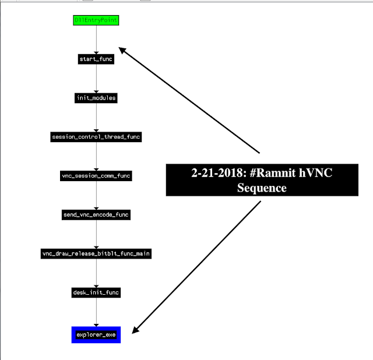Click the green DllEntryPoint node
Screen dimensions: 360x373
[x=96, y=20]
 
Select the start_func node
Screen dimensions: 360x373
[x=96, y=59]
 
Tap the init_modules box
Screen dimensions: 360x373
[x=96, y=98]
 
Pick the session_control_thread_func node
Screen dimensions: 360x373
[x=96, y=137]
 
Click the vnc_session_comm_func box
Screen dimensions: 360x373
[x=96, y=175]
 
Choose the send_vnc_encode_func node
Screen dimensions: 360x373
[x=96, y=214]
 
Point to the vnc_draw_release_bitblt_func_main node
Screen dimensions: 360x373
[x=96, y=253]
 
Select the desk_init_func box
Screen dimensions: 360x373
[x=96, y=292]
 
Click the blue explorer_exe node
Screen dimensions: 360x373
[x=96, y=334]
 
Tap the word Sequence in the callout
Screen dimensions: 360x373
[x=262, y=188]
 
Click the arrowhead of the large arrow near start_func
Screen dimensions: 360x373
[x=122, y=50]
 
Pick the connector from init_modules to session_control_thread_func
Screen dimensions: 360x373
[x=96, y=117]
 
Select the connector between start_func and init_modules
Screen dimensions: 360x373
[x=96, y=78]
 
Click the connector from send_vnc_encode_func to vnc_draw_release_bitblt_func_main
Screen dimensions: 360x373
[x=96, y=234]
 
